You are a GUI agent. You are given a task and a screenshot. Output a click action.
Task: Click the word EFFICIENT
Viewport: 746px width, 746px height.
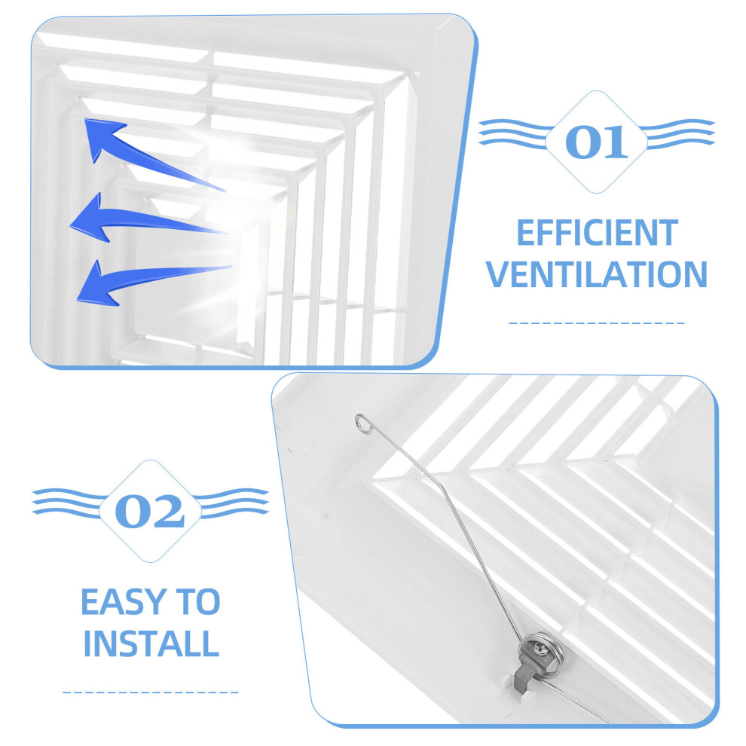point(597,233)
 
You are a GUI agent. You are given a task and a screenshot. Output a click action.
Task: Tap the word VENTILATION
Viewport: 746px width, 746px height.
point(597,274)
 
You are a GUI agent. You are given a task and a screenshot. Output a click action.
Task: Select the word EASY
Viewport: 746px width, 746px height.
point(124,602)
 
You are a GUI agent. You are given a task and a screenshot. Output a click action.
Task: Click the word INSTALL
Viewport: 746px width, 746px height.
point(151,644)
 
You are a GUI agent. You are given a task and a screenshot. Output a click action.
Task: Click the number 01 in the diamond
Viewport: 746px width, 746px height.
point(597,142)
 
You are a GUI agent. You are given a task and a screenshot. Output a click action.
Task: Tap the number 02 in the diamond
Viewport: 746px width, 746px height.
point(150,512)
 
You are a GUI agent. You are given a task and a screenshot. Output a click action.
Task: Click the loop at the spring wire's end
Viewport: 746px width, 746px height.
point(362,423)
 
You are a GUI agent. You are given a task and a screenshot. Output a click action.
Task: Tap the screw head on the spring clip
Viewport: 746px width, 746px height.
point(540,647)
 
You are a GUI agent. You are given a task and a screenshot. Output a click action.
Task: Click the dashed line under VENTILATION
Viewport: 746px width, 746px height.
point(597,323)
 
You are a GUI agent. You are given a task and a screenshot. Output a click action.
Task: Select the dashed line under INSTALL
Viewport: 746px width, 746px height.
point(151,692)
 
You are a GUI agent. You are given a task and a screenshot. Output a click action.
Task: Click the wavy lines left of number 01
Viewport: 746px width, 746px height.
point(514,133)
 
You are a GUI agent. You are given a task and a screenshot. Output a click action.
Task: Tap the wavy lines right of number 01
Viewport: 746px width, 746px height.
point(678,133)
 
